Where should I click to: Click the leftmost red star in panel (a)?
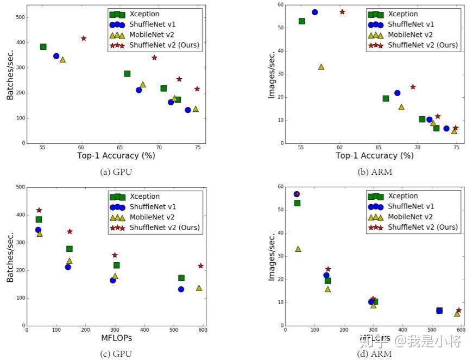tap(84, 39)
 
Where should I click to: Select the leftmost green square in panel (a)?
tap(43, 47)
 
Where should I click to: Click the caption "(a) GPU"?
tap(116, 172)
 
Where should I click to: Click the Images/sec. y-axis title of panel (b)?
tap(272, 75)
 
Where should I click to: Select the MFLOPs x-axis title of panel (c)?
tap(117, 338)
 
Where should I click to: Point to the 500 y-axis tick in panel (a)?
tap(20, 17)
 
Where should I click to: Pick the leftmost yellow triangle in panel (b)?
tap(321, 67)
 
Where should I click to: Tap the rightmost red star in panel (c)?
tap(200, 266)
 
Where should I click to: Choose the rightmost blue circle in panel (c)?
tap(181, 289)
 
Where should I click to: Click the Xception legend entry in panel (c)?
tap(144, 197)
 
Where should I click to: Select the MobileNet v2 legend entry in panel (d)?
tap(411, 217)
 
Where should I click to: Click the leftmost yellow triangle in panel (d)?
tap(298, 249)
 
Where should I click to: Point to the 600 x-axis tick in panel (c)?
tap(203, 330)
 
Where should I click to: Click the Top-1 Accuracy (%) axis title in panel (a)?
tap(116, 156)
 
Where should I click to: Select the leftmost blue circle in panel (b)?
tap(315, 12)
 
